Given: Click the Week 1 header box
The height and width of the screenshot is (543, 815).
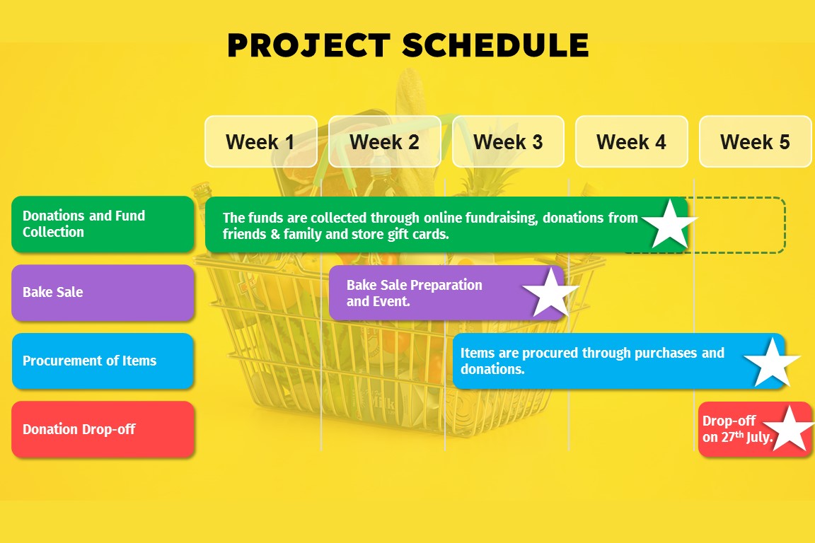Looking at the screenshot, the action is (x=261, y=141).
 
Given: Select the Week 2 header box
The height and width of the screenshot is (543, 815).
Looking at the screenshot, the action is (x=385, y=141).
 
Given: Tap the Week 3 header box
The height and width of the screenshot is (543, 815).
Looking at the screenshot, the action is (x=509, y=141).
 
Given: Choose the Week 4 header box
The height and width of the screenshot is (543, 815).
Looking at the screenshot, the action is (x=632, y=141).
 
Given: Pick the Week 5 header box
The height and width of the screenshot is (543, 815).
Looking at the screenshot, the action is (x=756, y=141).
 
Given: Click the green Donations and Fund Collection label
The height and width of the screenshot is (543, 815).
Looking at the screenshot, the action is (x=103, y=224).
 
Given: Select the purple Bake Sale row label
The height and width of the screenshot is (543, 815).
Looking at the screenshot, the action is (x=103, y=293).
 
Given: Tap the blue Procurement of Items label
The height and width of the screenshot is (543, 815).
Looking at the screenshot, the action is (x=103, y=361).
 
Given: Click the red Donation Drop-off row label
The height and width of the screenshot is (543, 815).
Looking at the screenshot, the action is (x=103, y=429).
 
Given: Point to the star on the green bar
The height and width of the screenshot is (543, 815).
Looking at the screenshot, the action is (x=669, y=224).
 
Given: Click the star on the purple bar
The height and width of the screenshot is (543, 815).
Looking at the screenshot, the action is (x=550, y=293).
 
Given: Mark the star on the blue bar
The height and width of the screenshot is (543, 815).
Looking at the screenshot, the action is (x=773, y=362).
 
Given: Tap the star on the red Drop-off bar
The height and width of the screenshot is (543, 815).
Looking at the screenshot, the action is (x=790, y=429).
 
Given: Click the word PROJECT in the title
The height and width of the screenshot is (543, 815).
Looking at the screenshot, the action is (x=308, y=45).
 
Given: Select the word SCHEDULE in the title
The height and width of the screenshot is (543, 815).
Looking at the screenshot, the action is (x=495, y=45).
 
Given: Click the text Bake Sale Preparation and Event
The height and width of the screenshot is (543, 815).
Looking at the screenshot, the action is (x=415, y=293).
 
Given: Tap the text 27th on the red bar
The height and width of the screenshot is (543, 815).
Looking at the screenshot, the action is (x=732, y=436).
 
